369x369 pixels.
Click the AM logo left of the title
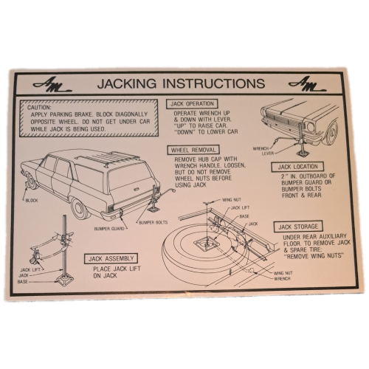tap(52, 85)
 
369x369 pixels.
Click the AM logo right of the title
tap(308, 84)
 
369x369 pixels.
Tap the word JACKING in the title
tap(126, 83)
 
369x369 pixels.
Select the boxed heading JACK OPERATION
tap(192, 104)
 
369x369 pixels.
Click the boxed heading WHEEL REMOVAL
tap(193, 150)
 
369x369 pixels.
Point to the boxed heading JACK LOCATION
tap(297, 167)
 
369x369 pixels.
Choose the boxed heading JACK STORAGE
tap(298, 227)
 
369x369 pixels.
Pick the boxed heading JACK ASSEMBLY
tap(111, 258)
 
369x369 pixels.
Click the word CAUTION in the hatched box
tap(39, 108)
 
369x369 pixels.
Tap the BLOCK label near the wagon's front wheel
tap(32, 201)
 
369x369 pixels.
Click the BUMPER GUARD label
tap(109, 229)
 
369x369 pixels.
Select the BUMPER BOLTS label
tap(154, 223)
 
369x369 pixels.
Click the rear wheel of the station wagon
tap(80, 209)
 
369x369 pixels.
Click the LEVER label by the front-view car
tap(268, 154)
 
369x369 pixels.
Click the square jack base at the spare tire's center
tap(206, 245)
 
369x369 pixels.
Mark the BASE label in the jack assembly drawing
tap(23, 282)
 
